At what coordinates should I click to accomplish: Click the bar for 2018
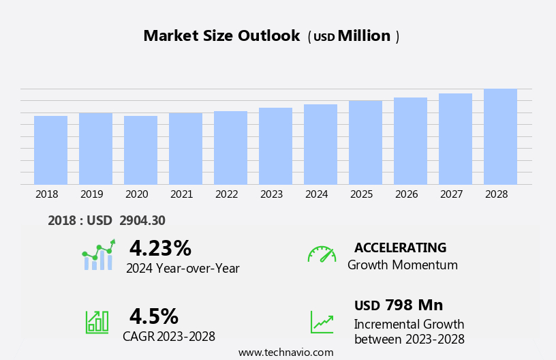coord(50,150)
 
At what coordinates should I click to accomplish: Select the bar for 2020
coord(140,150)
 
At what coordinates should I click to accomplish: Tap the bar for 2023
coord(275,146)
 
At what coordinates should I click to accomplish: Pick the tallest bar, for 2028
coord(500,136)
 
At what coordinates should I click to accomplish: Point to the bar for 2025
coord(365,142)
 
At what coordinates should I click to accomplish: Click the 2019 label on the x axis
coord(91,194)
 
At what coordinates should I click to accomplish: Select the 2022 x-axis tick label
coord(226,194)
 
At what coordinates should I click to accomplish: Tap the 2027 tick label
coord(451,194)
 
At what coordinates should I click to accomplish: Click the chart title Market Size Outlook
coord(221,36)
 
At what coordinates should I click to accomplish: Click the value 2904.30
coord(142,220)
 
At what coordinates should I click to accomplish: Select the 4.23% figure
coord(160,248)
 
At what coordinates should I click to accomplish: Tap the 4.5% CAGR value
coord(153,316)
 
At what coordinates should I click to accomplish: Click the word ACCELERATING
coord(400,247)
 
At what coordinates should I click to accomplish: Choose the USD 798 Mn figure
coord(399,305)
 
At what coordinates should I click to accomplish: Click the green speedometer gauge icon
coord(322,254)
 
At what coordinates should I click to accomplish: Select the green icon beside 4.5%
coord(97,321)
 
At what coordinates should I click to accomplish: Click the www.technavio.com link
coord(285,352)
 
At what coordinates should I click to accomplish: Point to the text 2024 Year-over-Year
coord(183,269)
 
